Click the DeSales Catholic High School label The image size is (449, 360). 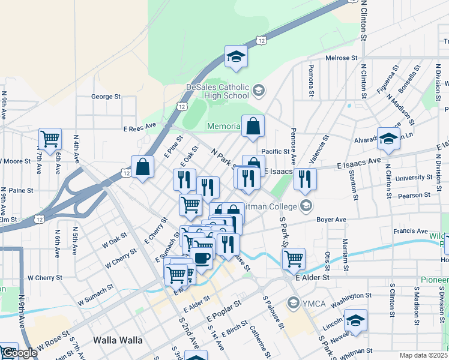pos(217,91)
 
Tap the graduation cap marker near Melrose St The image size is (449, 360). pos(237,57)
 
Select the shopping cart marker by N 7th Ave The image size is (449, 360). pos(50,139)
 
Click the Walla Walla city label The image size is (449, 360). pos(118,340)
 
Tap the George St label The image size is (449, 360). pos(106,96)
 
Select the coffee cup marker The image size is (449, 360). pos(202,257)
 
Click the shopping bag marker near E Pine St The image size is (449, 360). pos(143,168)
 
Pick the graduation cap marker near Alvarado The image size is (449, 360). pos(388,139)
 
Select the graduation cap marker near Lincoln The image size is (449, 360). pos(355,320)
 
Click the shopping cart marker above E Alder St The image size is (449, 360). pos(294,259)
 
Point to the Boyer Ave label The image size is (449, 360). pos(332,220)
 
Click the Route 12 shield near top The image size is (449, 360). pos(261,40)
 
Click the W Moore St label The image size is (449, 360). pos(15,161)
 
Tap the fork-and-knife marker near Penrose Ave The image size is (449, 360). pos(306,179)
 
